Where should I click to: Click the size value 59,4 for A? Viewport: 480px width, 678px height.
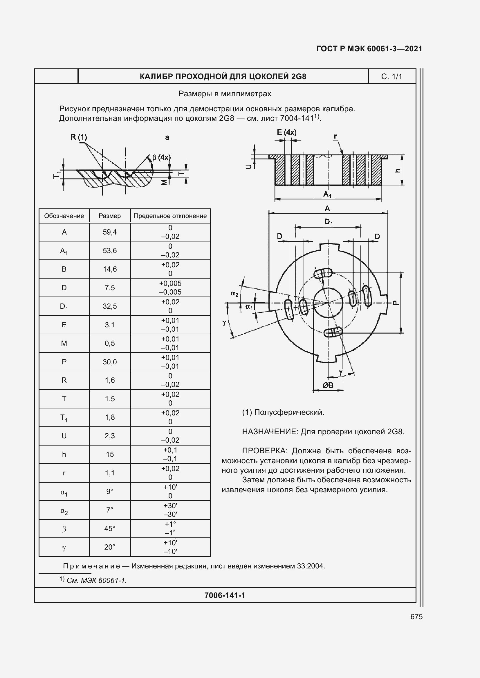[x=110, y=232]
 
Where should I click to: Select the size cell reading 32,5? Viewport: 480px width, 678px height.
[x=110, y=306]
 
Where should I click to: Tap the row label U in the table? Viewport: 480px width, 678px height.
[x=64, y=436]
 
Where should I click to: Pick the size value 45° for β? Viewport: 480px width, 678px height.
[x=110, y=529]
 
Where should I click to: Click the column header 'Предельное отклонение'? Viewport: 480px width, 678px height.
[x=170, y=216]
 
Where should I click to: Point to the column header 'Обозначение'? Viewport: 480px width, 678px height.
[x=64, y=216]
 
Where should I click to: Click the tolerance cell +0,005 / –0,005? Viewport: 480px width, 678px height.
[x=170, y=288]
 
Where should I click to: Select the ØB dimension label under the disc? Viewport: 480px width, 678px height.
[x=328, y=385]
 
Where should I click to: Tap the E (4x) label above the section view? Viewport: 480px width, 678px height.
[x=286, y=132]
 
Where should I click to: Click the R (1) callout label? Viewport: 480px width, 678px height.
[x=79, y=137]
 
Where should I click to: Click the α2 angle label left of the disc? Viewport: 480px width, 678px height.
[x=234, y=294]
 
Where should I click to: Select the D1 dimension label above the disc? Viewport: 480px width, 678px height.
[x=329, y=221]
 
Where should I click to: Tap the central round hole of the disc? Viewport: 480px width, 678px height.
[x=328, y=303]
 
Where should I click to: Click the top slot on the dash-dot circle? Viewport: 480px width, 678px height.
[x=323, y=273]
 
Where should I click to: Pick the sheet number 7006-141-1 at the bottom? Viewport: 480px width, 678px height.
[x=225, y=595]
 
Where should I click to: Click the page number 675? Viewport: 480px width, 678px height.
[x=416, y=617]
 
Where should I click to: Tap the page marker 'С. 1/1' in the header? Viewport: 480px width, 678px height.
[x=391, y=77]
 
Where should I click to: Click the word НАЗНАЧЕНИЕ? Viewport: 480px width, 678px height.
[x=270, y=432]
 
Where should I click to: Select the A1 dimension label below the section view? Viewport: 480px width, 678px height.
[x=327, y=194]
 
